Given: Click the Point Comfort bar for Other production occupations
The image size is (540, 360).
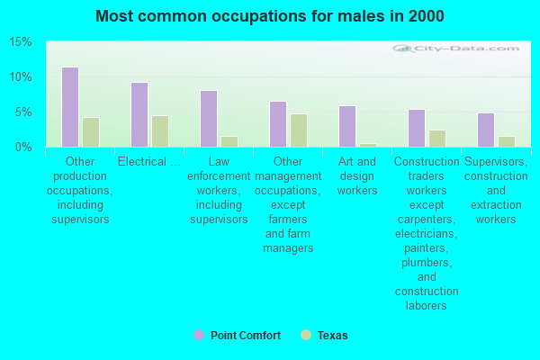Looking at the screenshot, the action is click(x=70, y=107).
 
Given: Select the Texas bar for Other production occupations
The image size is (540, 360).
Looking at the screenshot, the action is click(x=91, y=132).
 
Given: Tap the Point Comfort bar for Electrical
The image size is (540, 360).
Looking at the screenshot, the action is click(x=139, y=114).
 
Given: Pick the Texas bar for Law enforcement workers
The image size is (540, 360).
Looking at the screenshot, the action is click(x=229, y=142).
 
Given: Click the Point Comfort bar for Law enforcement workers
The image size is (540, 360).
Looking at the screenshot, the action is click(x=209, y=119).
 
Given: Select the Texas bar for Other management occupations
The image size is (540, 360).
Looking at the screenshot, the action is click(x=299, y=130).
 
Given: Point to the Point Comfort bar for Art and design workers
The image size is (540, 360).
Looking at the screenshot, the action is click(x=347, y=126).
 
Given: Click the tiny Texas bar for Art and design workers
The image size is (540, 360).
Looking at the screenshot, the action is click(x=368, y=146).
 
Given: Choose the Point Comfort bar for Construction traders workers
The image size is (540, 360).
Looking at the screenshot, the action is click(x=417, y=129).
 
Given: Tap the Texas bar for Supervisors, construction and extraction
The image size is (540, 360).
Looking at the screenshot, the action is click(x=507, y=142).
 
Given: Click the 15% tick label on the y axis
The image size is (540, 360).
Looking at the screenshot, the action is click(x=21, y=42).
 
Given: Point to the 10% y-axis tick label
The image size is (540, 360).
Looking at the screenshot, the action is click(x=21, y=77).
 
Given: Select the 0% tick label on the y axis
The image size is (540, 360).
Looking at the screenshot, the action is click(x=23, y=148).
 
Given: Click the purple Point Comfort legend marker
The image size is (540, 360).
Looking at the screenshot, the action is click(x=199, y=335).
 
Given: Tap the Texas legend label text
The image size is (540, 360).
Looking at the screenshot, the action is click(x=333, y=336).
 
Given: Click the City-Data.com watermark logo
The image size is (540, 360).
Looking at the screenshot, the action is click(x=455, y=49).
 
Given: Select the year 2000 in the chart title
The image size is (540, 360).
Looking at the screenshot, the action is click(x=426, y=16).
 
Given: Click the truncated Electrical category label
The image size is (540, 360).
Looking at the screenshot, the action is click(x=149, y=162).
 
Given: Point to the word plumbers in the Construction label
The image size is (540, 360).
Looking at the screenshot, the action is click(x=427, y=263).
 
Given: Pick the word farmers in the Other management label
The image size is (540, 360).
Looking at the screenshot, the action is click(x=288, y=219).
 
